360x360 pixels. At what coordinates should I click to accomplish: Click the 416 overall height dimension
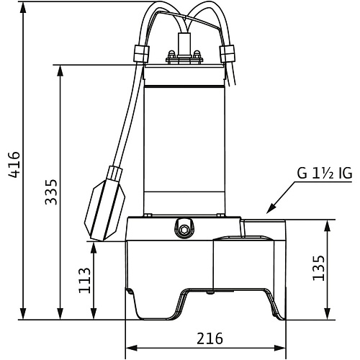pyautogui.click(x=14, y=165)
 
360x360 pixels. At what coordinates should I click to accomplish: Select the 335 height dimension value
pyautogui.click(x=51, y=192)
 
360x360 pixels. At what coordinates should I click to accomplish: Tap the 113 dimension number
pyautogui.click(x=85, y=280)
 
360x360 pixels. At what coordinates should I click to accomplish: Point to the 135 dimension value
pyautogui.click(x=318, y=268)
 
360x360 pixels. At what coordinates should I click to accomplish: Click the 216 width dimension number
pyautogui.click(x=210, y=338)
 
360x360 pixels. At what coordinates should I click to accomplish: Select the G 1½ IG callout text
pyautogui.click(x=325, y=174)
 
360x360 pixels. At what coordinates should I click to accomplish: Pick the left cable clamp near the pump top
pyautogui.click(x=141, y=54)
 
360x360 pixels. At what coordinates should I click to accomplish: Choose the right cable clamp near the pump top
pyautogui.click(x=227, y=53)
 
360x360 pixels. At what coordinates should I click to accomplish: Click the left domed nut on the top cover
pyautogui.click(x=171, y=53)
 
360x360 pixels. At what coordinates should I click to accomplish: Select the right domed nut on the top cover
pyautogui.click(x=197, y=53)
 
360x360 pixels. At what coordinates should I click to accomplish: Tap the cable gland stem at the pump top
pyautogui.click(x=184, y=44)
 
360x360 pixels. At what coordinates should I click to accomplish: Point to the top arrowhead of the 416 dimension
pyautogui.click(x=23, y=9)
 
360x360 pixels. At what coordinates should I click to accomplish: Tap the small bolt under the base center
pyautogui.click(x=211, y=293)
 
